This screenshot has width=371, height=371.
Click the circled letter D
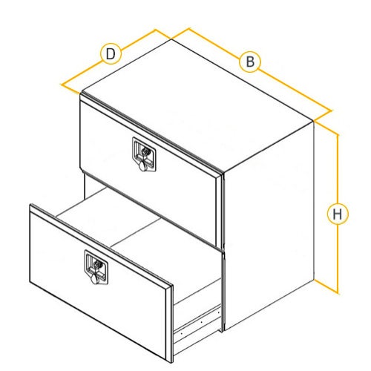click(x=111, y=53)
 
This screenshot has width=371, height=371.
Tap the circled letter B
click(x=250, y=62)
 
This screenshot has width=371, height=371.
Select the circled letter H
click(x=338, y=214)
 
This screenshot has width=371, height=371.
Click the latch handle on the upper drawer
click(x=144, y=154)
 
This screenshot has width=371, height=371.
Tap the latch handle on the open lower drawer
click(x=96, y=267)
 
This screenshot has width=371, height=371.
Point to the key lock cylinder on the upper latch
click(x=146, y=151)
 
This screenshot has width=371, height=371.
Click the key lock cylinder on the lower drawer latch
click(x=99, y=263)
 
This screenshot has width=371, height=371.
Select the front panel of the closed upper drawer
click(x=148, y=171)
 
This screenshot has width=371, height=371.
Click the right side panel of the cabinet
click(x=269, y=225)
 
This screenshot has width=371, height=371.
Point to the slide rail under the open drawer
click(x=197, y=321)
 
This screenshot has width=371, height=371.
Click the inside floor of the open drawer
click(x=139, y=237)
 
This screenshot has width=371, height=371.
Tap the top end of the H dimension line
click(x=338, y=135)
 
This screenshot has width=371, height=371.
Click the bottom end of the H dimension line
click(x=338, y=293)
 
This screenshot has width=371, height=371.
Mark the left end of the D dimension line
click(x=62, y=85)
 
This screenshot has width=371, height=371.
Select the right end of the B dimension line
click(x=331, y=111)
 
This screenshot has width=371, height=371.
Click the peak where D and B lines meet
click(x=171, y=39)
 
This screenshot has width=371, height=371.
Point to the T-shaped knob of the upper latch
click(x=143, y=165)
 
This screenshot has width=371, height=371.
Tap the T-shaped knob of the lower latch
click(x=96, y=278)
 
